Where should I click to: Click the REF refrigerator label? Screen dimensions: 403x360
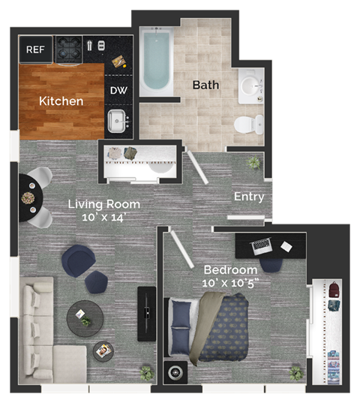click(x=35, y=50)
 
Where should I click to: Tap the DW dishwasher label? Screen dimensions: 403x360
click(x=118, y=91)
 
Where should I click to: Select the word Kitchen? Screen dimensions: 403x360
click(x=61, y=101)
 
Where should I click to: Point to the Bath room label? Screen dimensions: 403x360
click(x=205, y=85)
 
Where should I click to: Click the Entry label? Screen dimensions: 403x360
click(x=249, y=197)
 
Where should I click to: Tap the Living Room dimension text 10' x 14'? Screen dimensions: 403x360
click(x=104, y=217)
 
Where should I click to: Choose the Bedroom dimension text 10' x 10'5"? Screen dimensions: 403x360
click(x=230, y=283)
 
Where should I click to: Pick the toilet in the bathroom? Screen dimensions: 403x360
click(x=248, y=124)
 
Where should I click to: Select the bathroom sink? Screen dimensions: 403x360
click(x=250, y=89)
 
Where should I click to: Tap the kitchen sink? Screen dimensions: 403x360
click(x=116, y=120)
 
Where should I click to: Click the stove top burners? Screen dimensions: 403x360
click(x=69, y=49)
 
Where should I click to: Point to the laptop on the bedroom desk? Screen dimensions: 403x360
click(x=261, y=245)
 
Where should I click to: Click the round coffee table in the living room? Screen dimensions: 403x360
click(x=84, y=318)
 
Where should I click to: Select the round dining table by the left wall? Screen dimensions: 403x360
click(x=29, y=198)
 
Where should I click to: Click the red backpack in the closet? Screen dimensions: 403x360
click(x=334, y=287)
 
